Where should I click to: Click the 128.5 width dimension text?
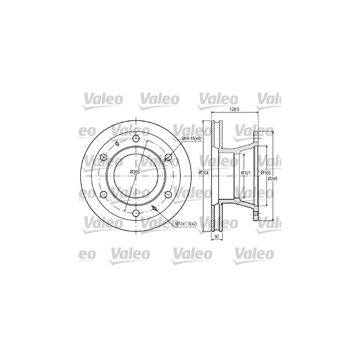click(234, 109)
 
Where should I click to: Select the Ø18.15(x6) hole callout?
click(191, 139)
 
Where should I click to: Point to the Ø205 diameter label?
click(135, 171)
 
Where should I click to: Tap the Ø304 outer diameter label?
click(204, 173)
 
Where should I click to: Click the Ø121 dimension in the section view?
click(245, 172)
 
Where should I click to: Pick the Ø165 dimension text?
click(265, 172)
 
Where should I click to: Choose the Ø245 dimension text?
click(273, 179)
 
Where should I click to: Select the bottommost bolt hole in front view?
click(136, 213)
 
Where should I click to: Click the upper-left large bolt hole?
click(104, 157)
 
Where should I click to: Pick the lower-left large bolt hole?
click(104, 194)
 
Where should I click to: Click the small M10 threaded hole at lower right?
click(155, 207)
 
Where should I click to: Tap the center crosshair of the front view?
click(136, 175)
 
